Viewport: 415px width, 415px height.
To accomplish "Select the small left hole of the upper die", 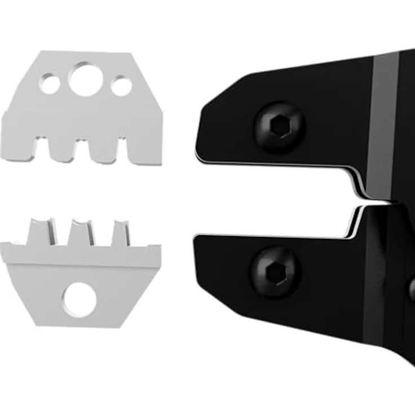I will point(50,85).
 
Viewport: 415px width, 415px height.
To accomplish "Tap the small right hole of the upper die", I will point(121,86).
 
